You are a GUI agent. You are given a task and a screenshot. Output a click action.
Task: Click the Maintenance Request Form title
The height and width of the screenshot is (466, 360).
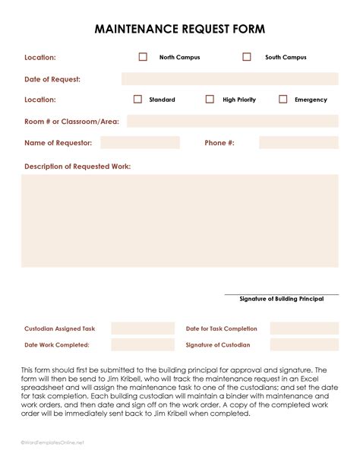[180, 29]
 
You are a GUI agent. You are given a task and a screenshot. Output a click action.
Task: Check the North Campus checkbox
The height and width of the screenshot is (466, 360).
[143, 57]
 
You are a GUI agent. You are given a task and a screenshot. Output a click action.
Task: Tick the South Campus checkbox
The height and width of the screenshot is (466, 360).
[247, 57]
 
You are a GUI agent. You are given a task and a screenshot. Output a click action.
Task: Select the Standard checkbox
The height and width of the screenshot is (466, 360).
[137, 100]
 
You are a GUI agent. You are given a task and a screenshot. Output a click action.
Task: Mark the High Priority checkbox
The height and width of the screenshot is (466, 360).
[210, 100]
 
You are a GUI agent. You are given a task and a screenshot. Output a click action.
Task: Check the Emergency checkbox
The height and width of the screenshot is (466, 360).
[283, 100]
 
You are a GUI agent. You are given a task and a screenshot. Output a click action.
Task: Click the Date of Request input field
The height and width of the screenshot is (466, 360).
[229, 79]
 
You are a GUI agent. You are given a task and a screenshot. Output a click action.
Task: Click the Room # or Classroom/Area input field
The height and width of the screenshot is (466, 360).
[232, 121]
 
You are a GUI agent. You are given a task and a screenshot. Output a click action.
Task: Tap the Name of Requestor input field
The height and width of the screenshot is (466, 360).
[140, 142]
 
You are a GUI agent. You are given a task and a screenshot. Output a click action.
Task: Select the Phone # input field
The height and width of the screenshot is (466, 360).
[298, 142]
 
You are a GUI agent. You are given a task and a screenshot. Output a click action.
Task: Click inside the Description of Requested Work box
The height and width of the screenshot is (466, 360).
[180, 220]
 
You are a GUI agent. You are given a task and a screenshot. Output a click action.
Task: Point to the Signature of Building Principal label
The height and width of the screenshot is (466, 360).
[281, 299]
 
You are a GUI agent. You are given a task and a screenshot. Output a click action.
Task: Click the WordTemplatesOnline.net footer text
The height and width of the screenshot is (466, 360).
[52, 442]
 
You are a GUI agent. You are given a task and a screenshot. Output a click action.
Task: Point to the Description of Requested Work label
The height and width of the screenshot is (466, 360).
[77, 166]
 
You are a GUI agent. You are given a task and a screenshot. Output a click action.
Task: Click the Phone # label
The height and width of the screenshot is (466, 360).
[219, 142]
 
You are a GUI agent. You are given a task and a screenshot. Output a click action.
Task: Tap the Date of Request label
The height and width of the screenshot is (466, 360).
[52, 79]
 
